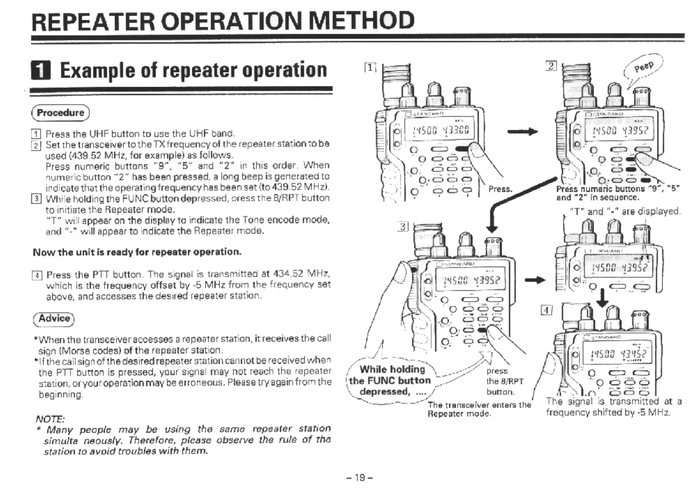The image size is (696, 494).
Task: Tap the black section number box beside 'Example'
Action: pos(41,70)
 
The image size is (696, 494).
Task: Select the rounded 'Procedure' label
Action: pos(61,113)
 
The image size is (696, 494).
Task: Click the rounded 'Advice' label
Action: pos(54,319)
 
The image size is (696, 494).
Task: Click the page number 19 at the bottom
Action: pos(359,478)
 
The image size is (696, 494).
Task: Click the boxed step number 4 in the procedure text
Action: pos(37,276)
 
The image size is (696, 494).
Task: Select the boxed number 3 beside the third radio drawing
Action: pos(403,227)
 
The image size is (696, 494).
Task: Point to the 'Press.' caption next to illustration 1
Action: pos(500,189)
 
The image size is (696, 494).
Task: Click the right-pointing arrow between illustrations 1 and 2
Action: pos(522,132)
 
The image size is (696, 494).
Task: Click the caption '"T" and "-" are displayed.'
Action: pos(624,211)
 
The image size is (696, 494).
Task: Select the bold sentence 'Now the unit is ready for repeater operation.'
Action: pos(137,252)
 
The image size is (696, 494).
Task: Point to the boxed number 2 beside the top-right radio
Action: pos(551,66)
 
